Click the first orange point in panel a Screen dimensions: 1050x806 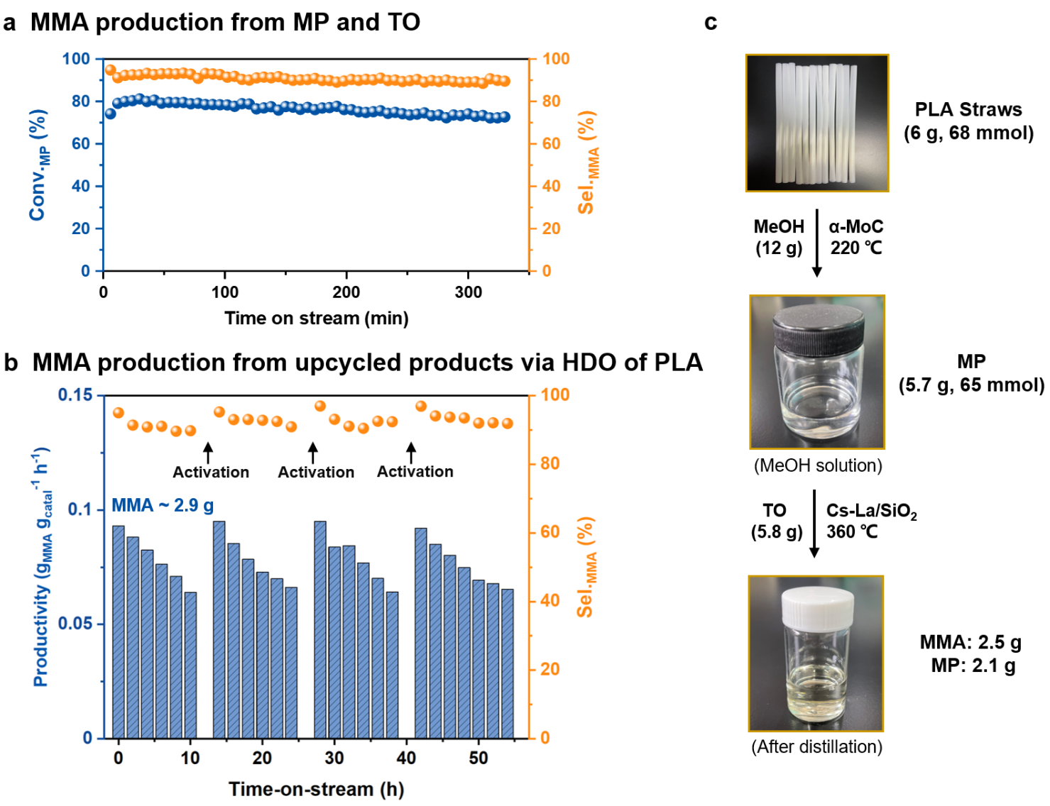pyautogui.click(x=111, y=70)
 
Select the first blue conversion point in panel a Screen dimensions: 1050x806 pyautogui.click(x=111, y=114)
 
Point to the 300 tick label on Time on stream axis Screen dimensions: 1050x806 pyautogui.click(x=468, y=292)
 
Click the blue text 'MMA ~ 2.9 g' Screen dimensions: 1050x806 pyautogui.click(x=163, y=505)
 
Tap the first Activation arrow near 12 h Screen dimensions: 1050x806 pyautogui.click(x=208, y=453)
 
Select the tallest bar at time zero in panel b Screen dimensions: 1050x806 pyautogui.click(x=119, y=632)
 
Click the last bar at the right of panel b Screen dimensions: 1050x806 pyautogui.click(x=508, y=664)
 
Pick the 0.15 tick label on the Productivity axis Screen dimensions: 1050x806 pyautogui.click(x=75, y=395)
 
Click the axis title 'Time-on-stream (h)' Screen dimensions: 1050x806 pyautogui.click(x=316, y=789)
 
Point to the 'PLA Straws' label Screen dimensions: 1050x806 pyautogui.click(x=968, y=110)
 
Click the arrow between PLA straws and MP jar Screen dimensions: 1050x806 pyautogui.click(x=817, y=243)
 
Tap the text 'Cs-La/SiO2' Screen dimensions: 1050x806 pyautogui.click(x=871, y=511)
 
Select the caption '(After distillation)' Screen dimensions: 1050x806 pyautogui.click(x=816, y=747)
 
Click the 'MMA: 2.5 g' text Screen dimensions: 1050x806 pyautogui.click(x=970, y=642)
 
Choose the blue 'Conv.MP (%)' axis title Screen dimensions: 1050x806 pyautogui.click(x=38, y=165)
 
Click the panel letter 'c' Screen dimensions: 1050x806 pyautogui.click(x=711, y=23)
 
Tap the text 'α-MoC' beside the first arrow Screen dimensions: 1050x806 pyautogui.click(x=855, y=226)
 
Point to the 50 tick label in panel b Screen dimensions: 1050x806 pyautogui.click(x=478, y=758)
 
